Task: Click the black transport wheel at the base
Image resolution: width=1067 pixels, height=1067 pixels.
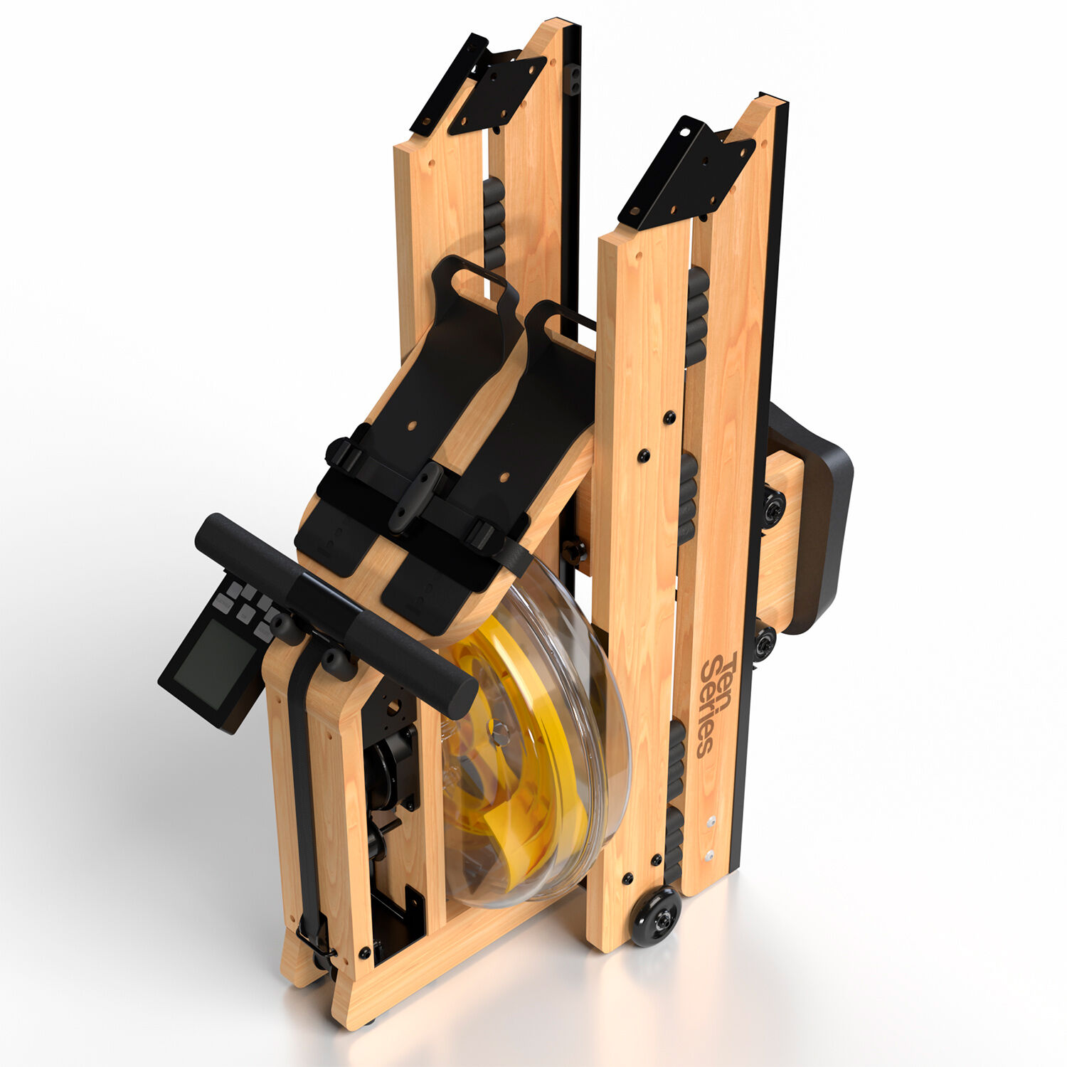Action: coord(655,916)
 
